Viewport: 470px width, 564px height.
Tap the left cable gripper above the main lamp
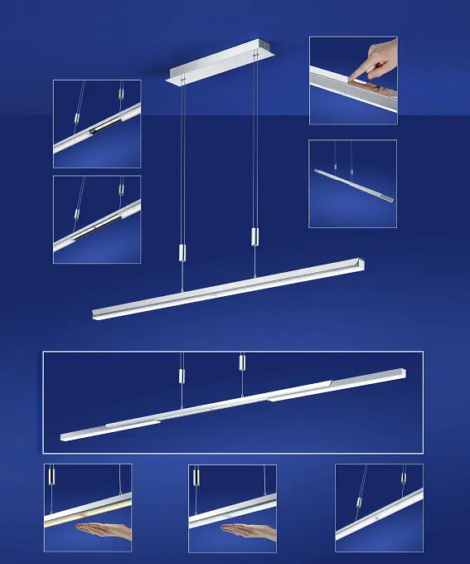(182, 253)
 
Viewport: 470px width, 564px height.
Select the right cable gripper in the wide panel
(242, 362)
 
